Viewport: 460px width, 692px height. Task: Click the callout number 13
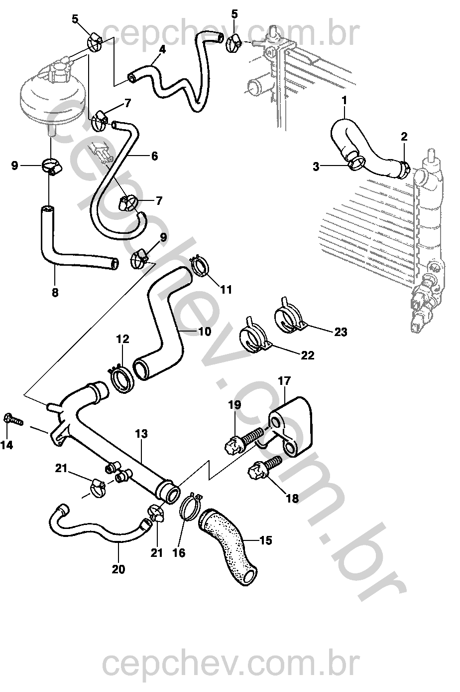coord(141,434)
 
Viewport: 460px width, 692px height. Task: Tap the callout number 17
coord(284,381)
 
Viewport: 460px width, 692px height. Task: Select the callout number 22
coord(308,355)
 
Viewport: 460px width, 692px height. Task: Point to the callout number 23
coord(341,332)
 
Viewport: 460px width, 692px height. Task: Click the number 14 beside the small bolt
coord(7,445)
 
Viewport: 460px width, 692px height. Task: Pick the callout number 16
coord(179,553)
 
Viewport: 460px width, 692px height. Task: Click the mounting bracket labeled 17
coord(294,426)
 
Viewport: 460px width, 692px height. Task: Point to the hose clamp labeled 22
coord(255,335)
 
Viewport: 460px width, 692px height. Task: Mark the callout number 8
coord(55,293)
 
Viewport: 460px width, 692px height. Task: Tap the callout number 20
coord(118,569)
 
